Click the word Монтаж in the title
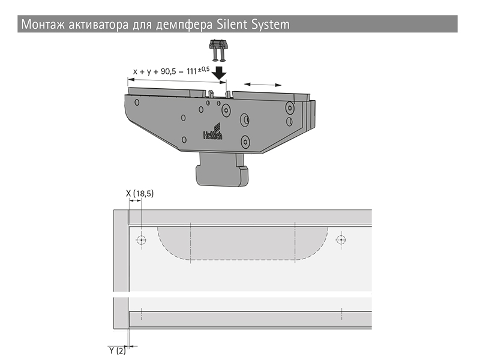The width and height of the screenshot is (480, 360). click(43, 24)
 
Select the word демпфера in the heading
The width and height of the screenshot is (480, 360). click(184, 25)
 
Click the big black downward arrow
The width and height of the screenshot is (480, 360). click(219, 73)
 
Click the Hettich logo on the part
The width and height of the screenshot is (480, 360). click(214, 131)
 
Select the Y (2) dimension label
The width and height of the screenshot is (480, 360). click(118, 350)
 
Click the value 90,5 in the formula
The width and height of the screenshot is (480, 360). click(169, 71)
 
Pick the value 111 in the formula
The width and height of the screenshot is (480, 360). click(191, 71)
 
